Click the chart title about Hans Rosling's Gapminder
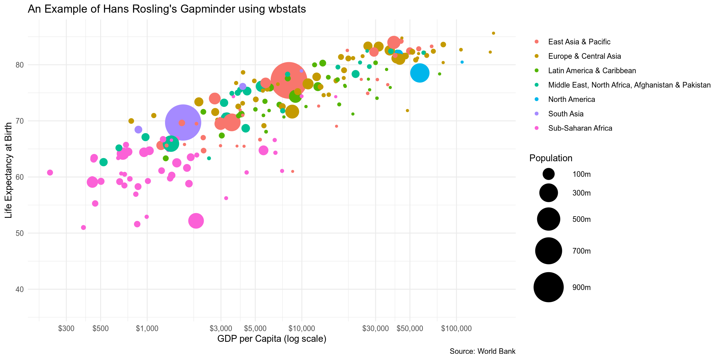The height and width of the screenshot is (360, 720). coord(167,9)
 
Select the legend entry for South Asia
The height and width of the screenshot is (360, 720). coord(566,114)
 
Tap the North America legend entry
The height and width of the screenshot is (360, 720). coord(571,99)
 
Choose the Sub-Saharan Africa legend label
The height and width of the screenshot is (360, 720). coord(580,128)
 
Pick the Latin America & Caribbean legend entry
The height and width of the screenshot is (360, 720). coord(592,71)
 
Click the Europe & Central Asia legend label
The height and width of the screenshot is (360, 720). coord(584,56)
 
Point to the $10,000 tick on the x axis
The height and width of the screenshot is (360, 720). coord(302,328)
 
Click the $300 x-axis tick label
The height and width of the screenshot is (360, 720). coord(66,328)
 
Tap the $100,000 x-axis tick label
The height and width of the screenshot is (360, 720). coord(456,328)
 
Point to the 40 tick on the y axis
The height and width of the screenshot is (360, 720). coord(20,289)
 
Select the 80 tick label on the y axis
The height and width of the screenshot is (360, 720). coord(20,65)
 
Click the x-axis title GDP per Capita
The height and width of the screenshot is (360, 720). coord(272,339)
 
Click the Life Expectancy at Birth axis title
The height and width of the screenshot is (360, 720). coord(8,170)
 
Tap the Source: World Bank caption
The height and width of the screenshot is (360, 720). coord(482,351)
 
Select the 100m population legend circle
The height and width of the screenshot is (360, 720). coord(548,174)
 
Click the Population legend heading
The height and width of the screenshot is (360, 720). coord(551,158)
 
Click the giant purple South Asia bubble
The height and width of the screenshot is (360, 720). coord(183,122)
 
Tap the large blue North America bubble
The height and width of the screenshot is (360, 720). coord(420,73)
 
